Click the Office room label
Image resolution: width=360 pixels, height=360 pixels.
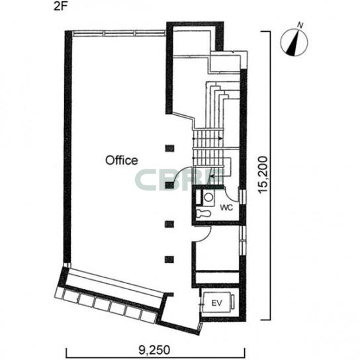122,160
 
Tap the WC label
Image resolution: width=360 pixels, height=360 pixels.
226,207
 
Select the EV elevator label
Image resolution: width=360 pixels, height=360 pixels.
217,303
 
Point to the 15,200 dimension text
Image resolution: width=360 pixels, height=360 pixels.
263,175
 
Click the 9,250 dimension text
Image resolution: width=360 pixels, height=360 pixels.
154,350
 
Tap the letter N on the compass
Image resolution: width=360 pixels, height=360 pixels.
300,25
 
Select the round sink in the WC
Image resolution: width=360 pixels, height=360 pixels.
208,197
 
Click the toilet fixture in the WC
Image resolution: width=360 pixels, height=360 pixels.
203,213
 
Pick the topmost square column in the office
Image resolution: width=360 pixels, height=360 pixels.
169,148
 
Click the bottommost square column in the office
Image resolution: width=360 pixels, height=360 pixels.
169,259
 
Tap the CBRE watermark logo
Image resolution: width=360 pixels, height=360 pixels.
180,181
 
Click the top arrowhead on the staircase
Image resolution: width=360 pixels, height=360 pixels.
220,138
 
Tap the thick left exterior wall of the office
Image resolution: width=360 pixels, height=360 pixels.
68,147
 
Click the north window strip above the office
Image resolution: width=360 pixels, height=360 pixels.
119,33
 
